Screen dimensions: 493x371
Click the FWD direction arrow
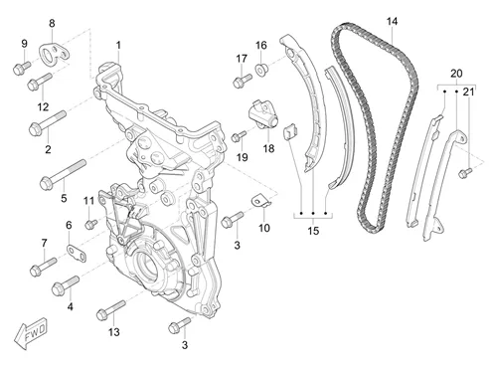click(31, 332)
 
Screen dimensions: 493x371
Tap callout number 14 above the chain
click(392, 22)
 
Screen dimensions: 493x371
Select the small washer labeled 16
click(261, 69)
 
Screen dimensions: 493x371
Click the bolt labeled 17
click(243, 81)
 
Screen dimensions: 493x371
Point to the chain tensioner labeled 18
click(263, 114)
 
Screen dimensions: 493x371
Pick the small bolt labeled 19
click(239, 136)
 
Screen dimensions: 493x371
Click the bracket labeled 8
click(55, 55)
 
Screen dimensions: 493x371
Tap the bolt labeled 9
click(22, 68)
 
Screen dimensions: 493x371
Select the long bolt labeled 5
click(63, 175)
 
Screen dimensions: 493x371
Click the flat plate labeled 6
click(77, 253)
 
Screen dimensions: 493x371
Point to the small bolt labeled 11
click(90, 224)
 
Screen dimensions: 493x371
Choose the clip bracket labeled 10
click(261, 202)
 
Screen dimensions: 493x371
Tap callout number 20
click(456, 74)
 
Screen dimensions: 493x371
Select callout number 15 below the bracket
click(313, 231)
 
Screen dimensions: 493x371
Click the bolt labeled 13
click(111, 310)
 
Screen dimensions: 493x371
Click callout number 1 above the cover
click(118, 45)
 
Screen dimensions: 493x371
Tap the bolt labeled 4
click(66, 285)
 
